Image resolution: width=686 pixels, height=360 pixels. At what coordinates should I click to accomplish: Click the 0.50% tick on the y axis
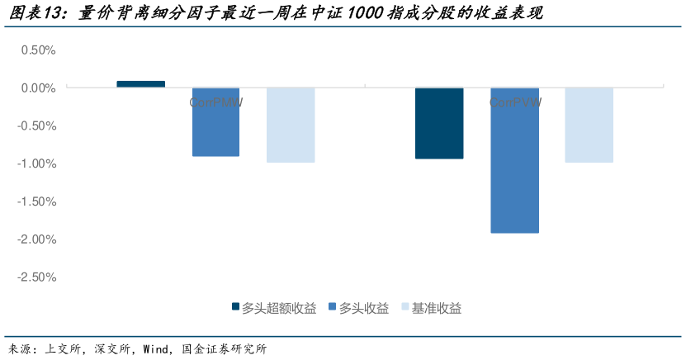tap(37, 50)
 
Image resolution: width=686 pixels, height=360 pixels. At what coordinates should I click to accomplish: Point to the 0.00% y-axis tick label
tap(37, 88)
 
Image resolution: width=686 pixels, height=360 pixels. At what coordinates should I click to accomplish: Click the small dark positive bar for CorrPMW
tap(141, 84)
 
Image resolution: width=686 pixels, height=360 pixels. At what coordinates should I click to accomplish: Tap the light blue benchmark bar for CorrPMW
tap(291, 125)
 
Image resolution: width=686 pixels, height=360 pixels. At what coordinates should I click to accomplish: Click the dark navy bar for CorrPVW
tap(439, 123)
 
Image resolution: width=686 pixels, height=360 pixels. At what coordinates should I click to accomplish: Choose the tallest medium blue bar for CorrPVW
tap(514, 161)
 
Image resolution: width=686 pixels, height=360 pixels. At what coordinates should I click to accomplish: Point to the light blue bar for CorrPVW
tap(589, 125)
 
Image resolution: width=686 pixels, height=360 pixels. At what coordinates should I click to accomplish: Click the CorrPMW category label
tap(215, 103)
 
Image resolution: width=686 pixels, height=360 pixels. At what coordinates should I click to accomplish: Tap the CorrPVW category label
tap(514, 103)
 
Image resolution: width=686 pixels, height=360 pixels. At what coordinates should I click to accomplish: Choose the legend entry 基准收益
tap(437, 308)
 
